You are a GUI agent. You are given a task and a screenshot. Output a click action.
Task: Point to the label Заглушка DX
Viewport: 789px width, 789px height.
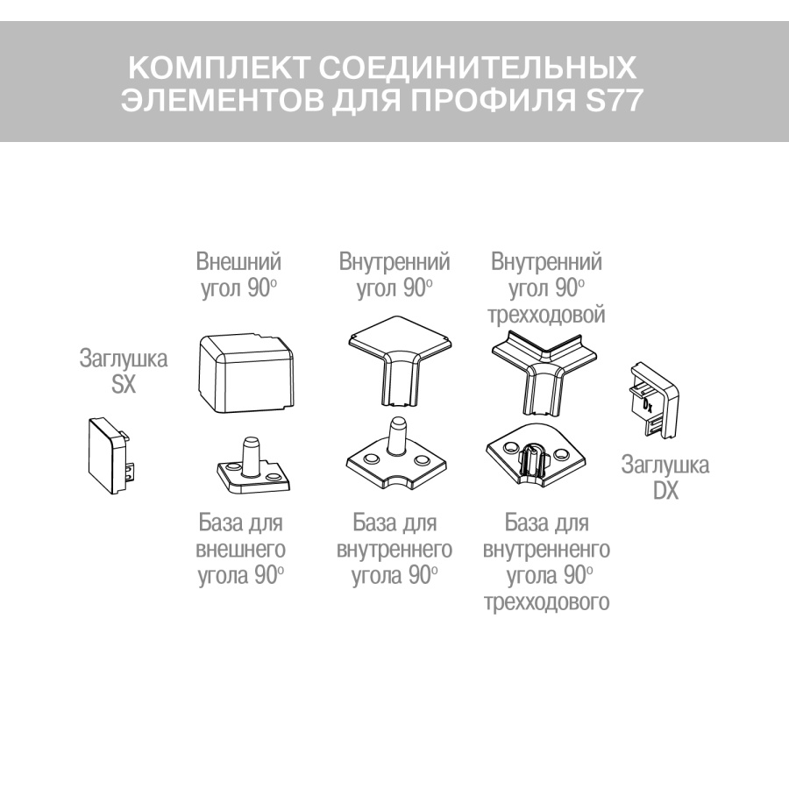click(665, 478)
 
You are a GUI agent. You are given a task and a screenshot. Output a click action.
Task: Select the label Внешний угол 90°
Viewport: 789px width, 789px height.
click(238, 276)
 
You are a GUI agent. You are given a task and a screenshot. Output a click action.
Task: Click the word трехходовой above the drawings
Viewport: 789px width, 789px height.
click(548, 314)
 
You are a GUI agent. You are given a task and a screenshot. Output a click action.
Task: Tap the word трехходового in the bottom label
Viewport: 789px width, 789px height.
click(546, 603)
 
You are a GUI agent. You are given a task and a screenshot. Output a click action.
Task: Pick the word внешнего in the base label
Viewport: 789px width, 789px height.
click(239, 551)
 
